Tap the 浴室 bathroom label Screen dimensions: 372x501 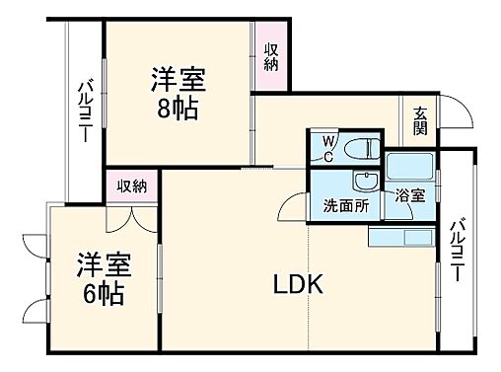(x=409, y=197)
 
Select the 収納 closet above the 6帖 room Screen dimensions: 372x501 (x=131, y=185)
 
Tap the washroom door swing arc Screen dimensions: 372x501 (x=292, y=207)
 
